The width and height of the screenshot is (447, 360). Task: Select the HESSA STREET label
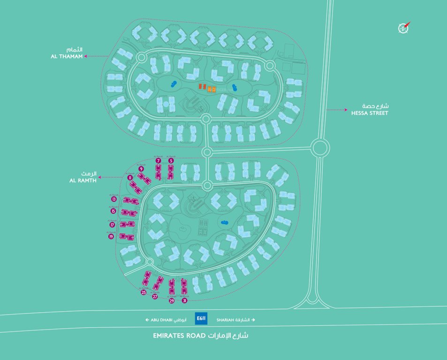[x=370, y=112]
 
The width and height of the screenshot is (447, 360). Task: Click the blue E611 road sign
[x=201, y=319]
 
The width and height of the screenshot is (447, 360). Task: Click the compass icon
[x=403, y=28]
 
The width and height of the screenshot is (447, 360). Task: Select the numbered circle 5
[x=171, y=161]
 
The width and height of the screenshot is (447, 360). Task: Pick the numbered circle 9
[x=141, y=169]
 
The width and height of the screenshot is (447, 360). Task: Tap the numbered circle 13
[x=114, y=199]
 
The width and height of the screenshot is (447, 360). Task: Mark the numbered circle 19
[x=111, y=237]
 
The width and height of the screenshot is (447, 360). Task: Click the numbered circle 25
[x=144, y=292]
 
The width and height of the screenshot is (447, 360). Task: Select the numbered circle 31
[x=185, y=300]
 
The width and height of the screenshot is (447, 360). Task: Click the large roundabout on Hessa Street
[x=320, y=149]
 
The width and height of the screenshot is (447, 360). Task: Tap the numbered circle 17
[x=112, y=225]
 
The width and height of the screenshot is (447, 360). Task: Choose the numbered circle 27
[x=155, y=296]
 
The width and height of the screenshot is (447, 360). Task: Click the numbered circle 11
[x=130, y=178]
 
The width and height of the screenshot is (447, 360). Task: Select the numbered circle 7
[x=159, y=161]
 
